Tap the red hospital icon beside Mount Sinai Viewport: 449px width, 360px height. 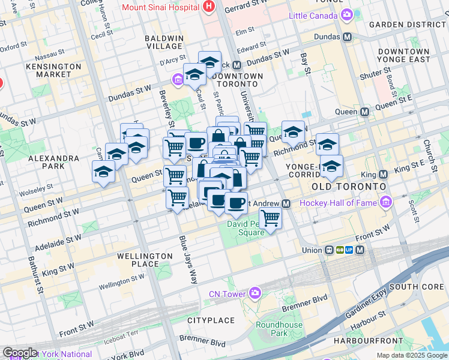click(208, 7)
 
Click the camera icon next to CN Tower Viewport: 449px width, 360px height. click(255, 293)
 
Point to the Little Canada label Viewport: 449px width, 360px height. click(313, 14)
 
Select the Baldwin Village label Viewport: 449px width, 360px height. click(164, 42)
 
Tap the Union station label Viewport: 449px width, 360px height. click(312, 250)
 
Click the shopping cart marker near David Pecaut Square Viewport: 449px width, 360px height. click(270, 219)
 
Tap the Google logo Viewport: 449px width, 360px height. click(19, 353)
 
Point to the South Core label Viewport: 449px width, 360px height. click(416, 287)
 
